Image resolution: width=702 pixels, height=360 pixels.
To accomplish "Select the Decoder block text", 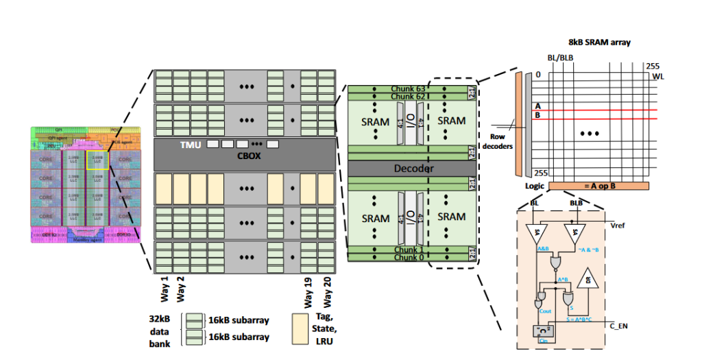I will (412, 168).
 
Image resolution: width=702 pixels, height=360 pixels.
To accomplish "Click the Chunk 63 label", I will (409, 89).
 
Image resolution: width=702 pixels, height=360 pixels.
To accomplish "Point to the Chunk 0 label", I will (409, 257).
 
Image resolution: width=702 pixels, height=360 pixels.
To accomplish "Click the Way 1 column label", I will (163, 285).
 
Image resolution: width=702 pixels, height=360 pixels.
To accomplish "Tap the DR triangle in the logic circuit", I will (585, 281).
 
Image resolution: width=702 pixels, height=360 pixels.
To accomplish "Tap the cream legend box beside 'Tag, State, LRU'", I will (302, 328).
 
